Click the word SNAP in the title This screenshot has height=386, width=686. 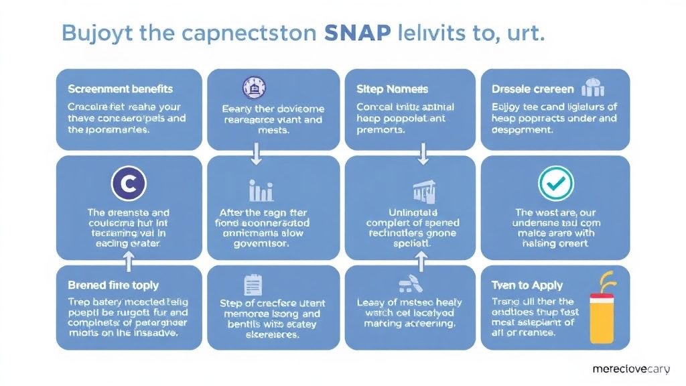click(x=356, y=34)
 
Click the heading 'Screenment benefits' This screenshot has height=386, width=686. click(x=121, y=89)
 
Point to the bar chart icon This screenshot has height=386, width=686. click(x=261, y=190)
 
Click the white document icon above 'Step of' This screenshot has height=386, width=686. click(x=253, y=285)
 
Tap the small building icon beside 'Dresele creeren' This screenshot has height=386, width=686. click(x=594, y=88)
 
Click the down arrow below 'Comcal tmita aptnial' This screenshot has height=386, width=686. click(x=423, y=156)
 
